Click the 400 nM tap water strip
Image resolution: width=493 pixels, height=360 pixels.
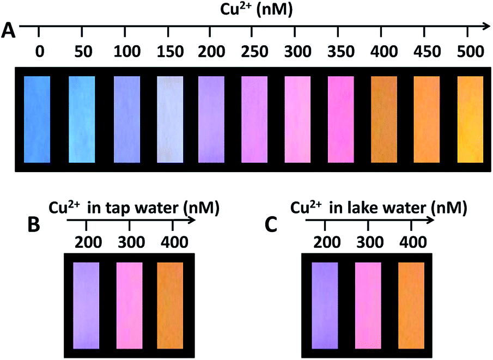170,305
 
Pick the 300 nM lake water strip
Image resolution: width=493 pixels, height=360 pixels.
368,305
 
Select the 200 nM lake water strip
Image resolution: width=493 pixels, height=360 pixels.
325,305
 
